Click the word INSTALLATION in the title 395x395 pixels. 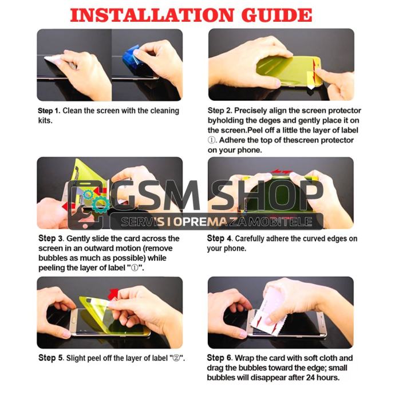(152, 15)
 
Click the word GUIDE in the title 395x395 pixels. (276, 15)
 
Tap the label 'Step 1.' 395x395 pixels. (49, 111)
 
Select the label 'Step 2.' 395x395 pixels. (220, 110)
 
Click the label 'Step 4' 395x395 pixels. (219, 238)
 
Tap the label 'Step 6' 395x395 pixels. (219, 358)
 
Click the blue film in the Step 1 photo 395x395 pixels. (131, 58)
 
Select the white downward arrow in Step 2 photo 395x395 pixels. (311, 87)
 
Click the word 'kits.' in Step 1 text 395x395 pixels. (45, 121)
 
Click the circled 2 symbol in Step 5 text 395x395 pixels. (177, 358)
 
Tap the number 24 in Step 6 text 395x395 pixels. (310, 378)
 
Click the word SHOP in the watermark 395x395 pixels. (267, 195)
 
